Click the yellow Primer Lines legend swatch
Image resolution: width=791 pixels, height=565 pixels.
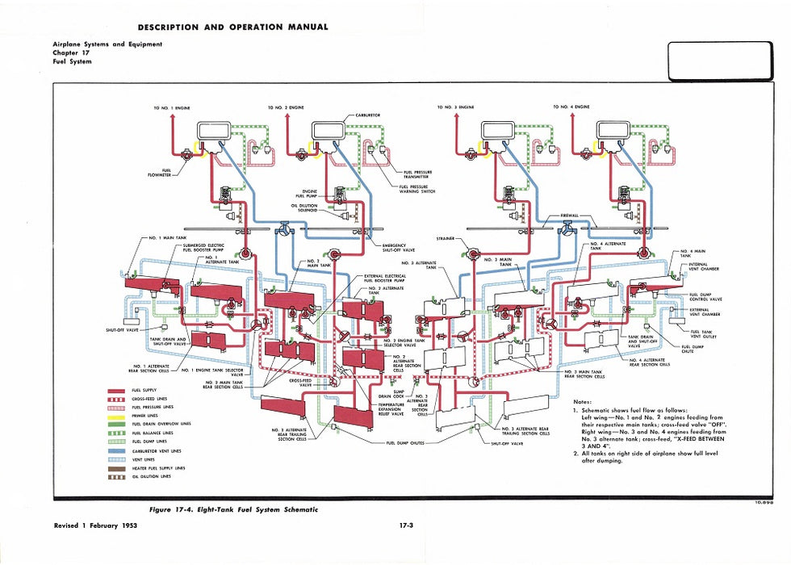tap(119, 415)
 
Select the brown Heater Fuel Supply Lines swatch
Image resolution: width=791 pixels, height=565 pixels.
tap(119, 468)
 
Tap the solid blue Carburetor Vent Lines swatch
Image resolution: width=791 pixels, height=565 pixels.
tap(119, 450)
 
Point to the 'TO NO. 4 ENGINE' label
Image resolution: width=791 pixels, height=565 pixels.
tap(571, 107)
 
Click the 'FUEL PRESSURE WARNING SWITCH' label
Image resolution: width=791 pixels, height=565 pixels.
tap(417, 190)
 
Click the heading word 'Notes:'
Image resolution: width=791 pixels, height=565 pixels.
tap(582, 401)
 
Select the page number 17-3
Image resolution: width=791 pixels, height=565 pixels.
tap(407, 526)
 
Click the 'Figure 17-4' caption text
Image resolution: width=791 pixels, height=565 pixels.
tap(234, 509)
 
